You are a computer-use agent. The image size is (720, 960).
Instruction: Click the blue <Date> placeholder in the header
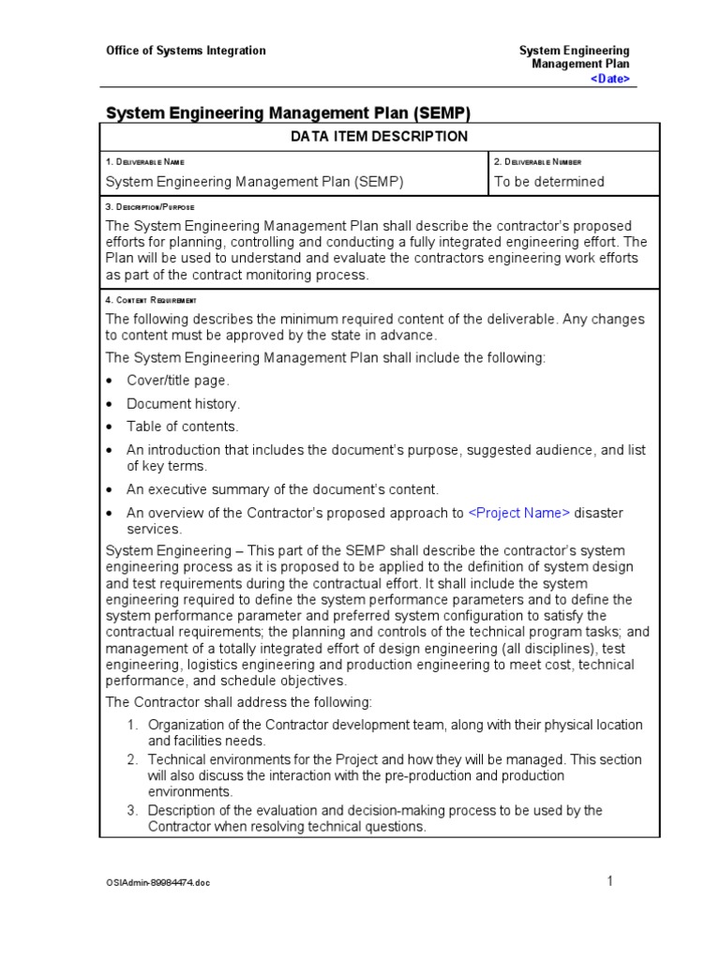click(x=609, y=79)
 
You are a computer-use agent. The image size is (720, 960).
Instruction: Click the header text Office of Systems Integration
click(x=186, y=51)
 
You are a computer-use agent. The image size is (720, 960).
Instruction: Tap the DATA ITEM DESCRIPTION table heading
click(x=379, y=137)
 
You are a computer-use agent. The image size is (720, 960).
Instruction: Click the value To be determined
click(x=548, y=182)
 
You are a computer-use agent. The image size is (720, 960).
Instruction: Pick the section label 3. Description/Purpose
click(x=150, y=206)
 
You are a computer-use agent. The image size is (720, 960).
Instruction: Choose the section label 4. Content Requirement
click(x=151, y=299)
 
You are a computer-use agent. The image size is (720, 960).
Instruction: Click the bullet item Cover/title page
click(x=178, y=381)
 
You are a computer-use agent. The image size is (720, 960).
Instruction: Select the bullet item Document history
click(x=184, y=404)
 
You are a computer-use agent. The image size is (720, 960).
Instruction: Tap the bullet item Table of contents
click(x=183, y=427)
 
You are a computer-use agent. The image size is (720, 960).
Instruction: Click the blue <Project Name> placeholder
click(x=518, y=513)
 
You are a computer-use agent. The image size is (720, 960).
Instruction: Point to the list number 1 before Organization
click(x=133, y=725)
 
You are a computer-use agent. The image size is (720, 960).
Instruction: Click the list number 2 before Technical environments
click(x=133, y=759)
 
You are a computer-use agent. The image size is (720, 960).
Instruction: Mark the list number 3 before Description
click(x=133, y=810)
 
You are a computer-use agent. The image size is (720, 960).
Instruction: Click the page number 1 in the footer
click(x=609, y=880)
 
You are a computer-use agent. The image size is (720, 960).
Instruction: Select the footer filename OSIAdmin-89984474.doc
click(x=157, y=883)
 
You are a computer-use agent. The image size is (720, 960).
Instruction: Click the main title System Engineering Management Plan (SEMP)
click(x=288, y=113)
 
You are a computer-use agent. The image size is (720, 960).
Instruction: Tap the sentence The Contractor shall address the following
click(x=239, y=702)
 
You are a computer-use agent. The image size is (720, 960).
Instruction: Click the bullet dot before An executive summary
click(x=111, y=490)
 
